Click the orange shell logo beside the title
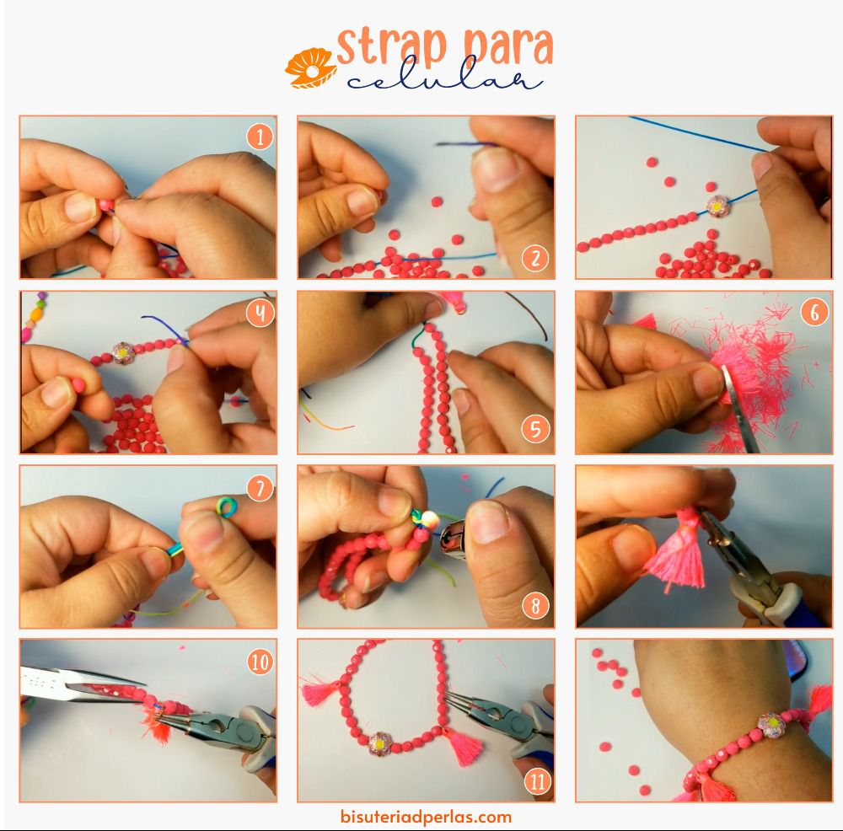point(311,67)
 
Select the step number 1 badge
point(260,137)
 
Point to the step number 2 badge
point(535,259)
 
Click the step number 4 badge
point(260,313)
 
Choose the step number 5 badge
point(535,430)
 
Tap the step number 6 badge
point(814,312)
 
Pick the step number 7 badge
point(260,488)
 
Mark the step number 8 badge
point(535,606)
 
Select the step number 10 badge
point(260,662)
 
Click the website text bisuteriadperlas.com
point(426,817)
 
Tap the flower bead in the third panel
point(717,206)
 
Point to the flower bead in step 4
point(123,352)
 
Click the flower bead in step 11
point(379,744)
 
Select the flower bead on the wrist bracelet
point(771,725)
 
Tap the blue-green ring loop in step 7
point(226,507)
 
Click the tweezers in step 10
point(81,683)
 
